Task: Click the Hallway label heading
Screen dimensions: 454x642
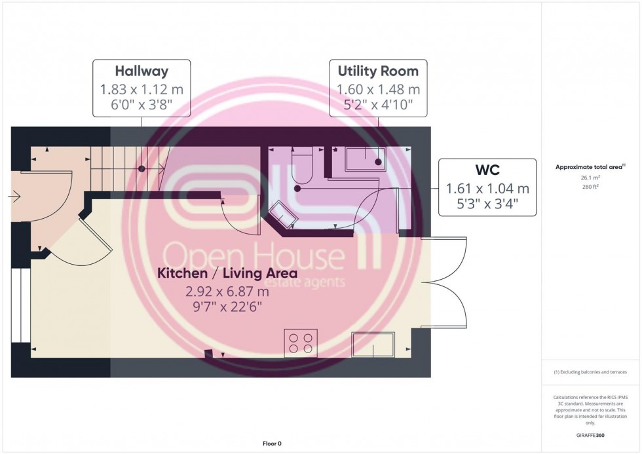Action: [x=142, y=71]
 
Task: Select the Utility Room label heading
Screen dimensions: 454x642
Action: [x=378, y=71]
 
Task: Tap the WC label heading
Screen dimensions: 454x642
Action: [x=487, y=170]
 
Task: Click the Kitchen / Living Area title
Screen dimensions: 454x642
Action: [x=227, y=273]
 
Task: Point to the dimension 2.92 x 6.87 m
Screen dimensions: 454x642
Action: [x=227, y=290]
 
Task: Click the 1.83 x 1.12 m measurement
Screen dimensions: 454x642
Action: [x=142, y=89]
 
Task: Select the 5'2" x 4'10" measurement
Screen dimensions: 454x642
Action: [x=378, y=105]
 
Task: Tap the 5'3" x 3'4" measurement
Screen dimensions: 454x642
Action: [x=487, y=204]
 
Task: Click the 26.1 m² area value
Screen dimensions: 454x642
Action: [x=591, y=178]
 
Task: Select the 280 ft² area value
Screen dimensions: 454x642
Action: [x=591, y=187]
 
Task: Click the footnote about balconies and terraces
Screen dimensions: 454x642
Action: [x=590, y=372]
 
